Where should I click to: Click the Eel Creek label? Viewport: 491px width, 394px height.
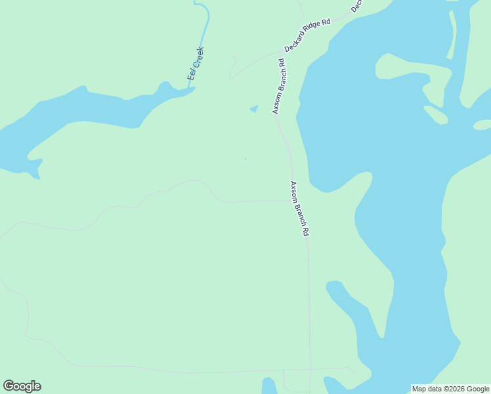196,63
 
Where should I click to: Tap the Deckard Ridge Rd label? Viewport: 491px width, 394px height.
307,37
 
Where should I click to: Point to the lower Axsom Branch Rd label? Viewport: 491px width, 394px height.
299,209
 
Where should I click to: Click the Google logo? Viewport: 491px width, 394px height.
22,386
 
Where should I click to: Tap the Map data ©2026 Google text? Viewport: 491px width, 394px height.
450,389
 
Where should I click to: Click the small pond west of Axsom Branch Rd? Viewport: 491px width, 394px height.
254,108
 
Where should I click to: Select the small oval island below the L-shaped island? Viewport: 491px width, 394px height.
436,115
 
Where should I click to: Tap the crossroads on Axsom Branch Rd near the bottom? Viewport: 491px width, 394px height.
310,369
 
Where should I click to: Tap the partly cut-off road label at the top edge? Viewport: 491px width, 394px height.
356,6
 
